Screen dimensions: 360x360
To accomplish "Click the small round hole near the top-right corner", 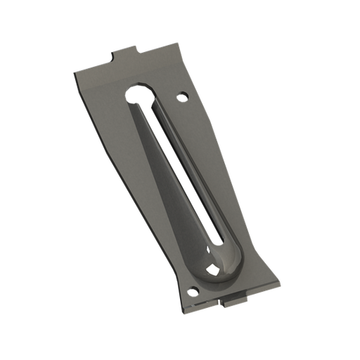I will pos(184,94).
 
